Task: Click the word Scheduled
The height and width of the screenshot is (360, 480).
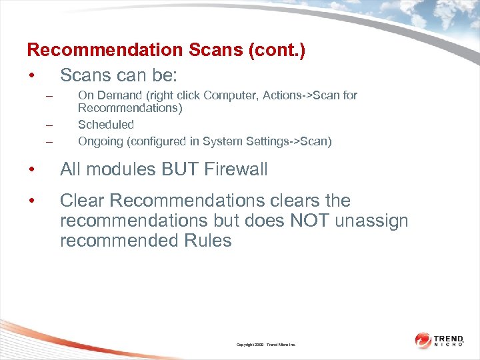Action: pos(105,125)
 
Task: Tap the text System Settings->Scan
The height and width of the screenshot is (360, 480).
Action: pos(264,141)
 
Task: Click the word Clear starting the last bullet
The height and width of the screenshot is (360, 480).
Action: pos(81,201)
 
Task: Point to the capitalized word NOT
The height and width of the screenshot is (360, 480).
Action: pos(309,221)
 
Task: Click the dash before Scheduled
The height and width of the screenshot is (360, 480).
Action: pos(49,125)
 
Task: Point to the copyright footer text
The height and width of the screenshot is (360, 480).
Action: pos(265,345)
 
